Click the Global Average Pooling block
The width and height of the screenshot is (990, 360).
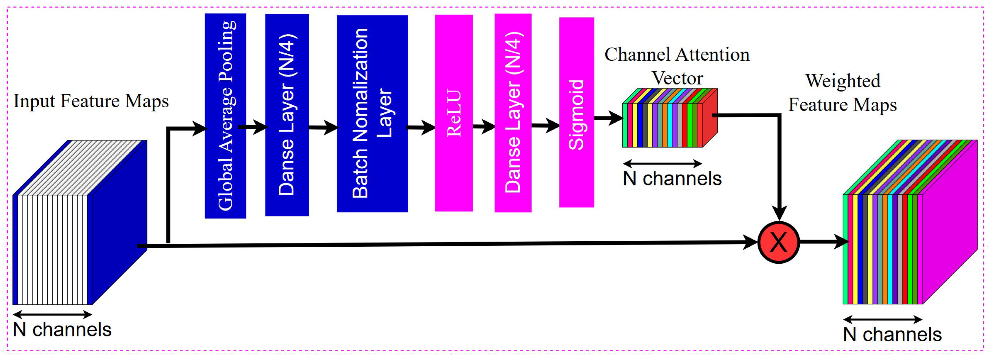(x=225, y=115)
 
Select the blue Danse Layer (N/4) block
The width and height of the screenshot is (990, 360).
(x=287, y=115)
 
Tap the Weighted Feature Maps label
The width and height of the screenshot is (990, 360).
(x=842, y=92)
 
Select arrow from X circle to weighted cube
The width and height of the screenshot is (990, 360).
(x=824, y=242)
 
